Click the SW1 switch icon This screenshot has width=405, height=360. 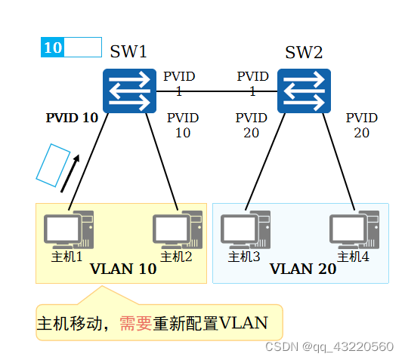(x=129, y=91)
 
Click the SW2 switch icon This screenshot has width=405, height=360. (x=303, y=91)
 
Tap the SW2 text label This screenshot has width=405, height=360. (x=303, y=52)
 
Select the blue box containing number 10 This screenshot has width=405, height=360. (x=53, y=48)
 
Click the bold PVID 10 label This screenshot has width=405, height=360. (x=72, y=118)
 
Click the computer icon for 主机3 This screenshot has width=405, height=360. (x=245, y=229)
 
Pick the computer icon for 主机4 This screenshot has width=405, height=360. (x=354, y=229)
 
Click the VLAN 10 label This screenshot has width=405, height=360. (x=122, y=269)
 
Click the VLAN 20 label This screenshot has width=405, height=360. (x=302, y=269)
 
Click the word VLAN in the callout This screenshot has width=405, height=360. (x=243, y=324)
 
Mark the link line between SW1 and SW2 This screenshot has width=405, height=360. (x=216, y=91)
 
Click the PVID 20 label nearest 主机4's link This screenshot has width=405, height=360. (x=361, y=125)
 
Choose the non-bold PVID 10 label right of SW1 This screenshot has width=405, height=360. (x=182, y=125)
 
